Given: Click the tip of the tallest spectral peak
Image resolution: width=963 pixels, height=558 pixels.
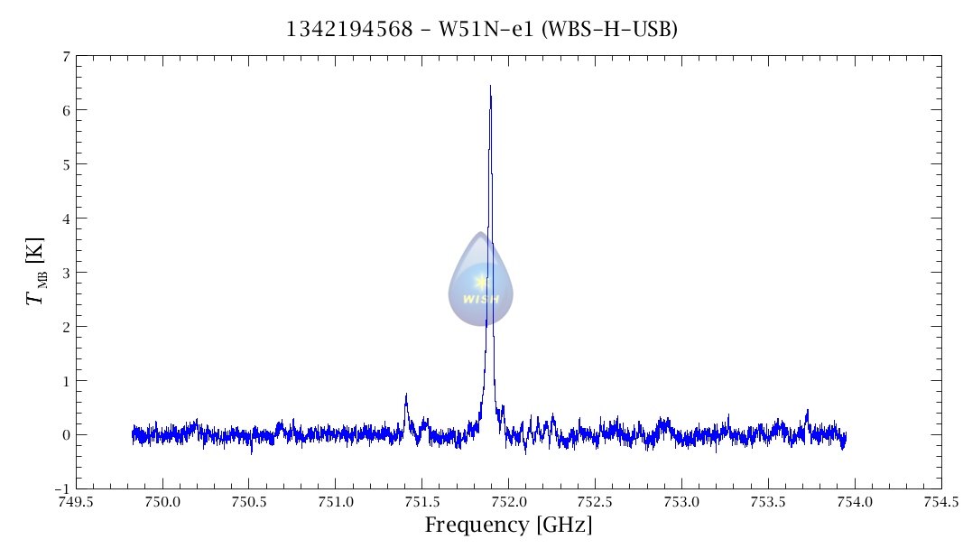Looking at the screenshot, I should (490, 87).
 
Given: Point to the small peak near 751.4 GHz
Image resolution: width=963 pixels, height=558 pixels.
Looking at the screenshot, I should (406, 395).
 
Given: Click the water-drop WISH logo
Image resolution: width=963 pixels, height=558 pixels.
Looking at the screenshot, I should (481, 280).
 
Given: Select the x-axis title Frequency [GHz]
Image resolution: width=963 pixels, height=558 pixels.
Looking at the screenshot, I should (508, 525).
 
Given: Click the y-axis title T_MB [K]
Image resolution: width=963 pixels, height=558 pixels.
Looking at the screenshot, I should (36, 272).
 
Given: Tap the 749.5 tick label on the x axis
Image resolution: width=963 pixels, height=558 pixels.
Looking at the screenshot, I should (76, 502).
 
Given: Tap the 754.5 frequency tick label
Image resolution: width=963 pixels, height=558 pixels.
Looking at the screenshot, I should (941, 502).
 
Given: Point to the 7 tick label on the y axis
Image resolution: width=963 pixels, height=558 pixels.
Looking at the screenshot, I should (66, 56).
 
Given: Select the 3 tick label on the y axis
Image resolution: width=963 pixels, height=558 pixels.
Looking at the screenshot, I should (66, 272).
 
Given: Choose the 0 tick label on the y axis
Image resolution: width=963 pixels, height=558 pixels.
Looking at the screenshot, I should (66, 434).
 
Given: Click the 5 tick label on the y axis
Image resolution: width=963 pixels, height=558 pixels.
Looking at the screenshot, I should (66, 164).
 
